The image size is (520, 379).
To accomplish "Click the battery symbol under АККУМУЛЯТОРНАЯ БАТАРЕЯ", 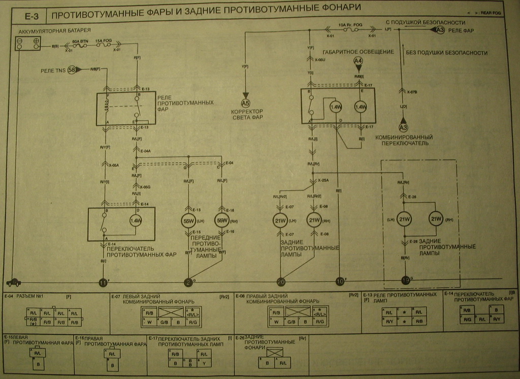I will [x=28, y=43].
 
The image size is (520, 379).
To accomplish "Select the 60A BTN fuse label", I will [x=80, y=41].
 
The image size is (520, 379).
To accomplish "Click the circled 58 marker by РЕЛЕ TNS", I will [x=72, y=69].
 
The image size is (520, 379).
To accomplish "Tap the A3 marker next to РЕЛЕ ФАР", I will [x=440, y=30].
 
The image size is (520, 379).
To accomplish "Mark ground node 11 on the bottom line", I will [x=104, y=282].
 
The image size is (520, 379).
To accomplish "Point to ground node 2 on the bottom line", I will [x=188, y=282].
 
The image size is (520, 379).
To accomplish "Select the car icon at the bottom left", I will [x=13, y=282].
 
